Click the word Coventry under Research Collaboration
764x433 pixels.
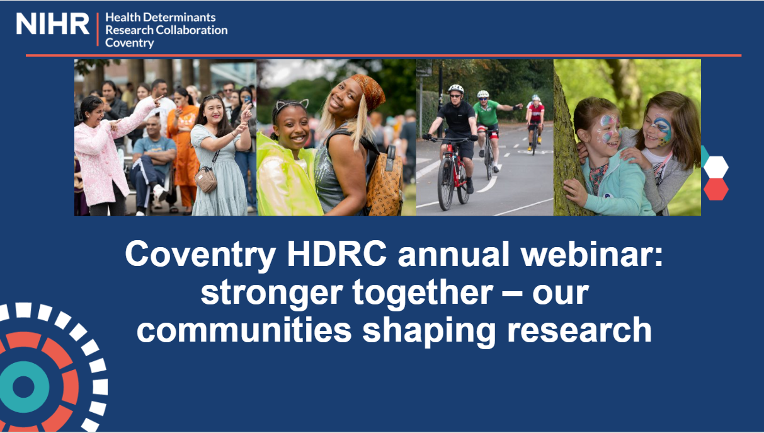coord(129,43)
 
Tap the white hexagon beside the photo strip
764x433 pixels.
coord(716,167)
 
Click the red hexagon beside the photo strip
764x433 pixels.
coord(716,189)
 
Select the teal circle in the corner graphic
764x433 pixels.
coord(24,386)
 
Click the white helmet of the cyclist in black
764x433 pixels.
coord(455,89)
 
